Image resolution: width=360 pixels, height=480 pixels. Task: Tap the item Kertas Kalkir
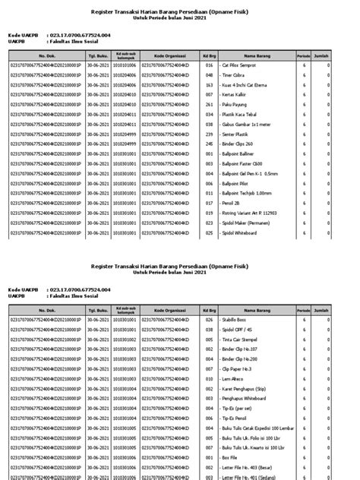(x=237, y=94)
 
